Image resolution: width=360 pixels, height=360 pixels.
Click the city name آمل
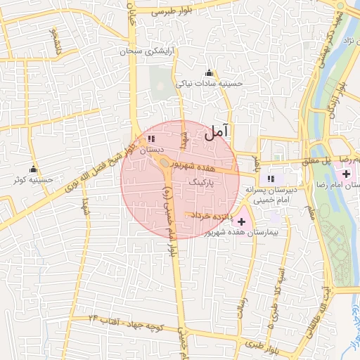pyautogui.click(x=217, y=131)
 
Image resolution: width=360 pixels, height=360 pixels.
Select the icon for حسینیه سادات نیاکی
pyautogui.click(x=209, y=73)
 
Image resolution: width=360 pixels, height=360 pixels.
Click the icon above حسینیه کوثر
pyautogui.click(x=33, y=169)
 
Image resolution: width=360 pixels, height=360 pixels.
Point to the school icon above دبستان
pyautogui.click(x=151, y=139)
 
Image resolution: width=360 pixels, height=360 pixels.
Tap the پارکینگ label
pyautogui.click(x=202, y=181)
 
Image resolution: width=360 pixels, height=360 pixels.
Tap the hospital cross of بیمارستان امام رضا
pyautogui.click(x=345, y=173)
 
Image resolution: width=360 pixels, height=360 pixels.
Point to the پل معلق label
pyautogui.click(x=316, y=160)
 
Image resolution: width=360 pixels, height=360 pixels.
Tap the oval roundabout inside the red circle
pyautogui.click(x=164, y=162)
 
